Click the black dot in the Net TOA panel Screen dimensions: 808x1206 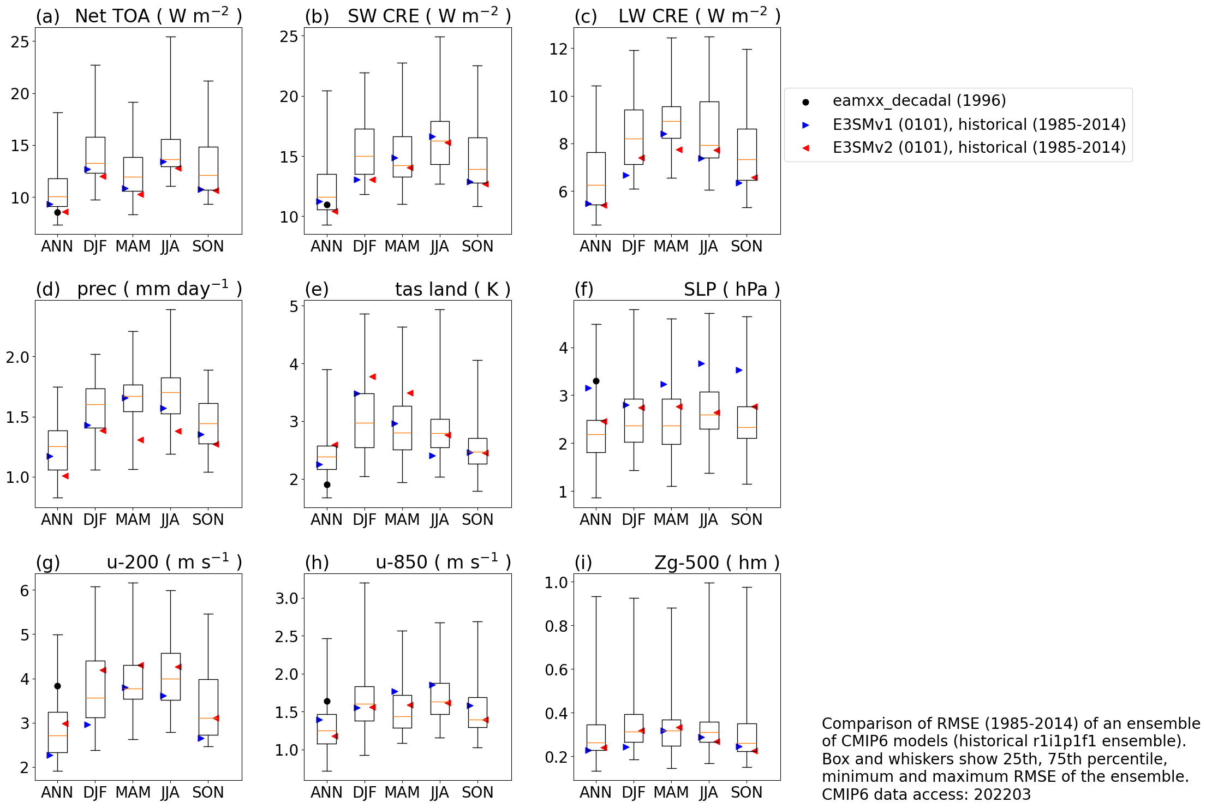pos(57,212)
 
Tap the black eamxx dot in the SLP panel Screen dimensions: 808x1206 pos(596,381)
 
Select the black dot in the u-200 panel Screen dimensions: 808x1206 pos(57,686)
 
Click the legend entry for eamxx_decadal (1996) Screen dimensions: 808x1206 pos(919,101)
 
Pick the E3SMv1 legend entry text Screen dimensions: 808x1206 pos(979,125)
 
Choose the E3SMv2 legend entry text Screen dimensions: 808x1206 pos(979,148)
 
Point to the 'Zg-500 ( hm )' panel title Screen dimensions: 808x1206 pos(717,562)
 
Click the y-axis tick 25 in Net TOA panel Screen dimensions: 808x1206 pos(20,42)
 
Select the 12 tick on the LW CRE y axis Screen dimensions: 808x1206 pos(558,49)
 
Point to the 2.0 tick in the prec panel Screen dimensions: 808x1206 pos(17,357)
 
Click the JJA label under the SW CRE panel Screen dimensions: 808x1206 pos(439,247)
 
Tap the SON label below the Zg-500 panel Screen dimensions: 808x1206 pos(747,792)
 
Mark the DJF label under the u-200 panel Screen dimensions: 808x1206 pos(95,792)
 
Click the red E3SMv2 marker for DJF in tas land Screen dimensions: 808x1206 pos(372,376)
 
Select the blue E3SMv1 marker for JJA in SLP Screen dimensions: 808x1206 pos(701,363)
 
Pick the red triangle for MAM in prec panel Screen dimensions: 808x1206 pos(140,440)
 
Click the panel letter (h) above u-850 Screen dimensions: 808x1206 pos(317,562)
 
